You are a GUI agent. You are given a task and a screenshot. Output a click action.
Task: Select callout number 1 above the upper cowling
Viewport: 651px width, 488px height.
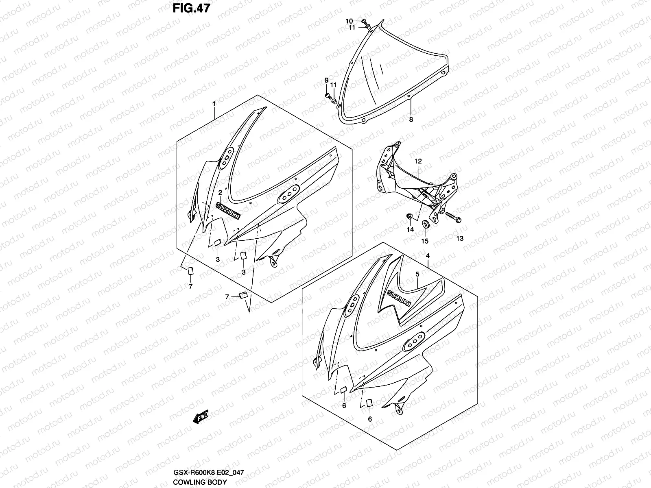tap(214, 105)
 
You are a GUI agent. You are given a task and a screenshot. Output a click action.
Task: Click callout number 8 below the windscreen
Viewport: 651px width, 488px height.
tap(411, 120)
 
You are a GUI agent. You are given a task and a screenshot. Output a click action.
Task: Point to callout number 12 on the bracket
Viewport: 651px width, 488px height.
tap(418, 161)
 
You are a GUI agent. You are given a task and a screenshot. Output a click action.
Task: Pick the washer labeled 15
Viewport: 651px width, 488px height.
tap(425, 224)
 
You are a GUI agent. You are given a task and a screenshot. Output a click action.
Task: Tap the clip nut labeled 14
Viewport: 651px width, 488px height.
tap(410, 216)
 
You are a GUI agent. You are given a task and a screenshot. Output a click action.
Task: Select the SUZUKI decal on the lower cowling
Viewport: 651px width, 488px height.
tap(399, 299)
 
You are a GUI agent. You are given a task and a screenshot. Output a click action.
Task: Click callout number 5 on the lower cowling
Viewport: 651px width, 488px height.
tap(417, 274)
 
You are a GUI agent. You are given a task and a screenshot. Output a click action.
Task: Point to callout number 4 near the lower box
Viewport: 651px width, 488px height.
tap(428, 256)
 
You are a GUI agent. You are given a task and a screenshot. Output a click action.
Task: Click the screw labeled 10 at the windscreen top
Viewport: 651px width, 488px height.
tap(364, 21)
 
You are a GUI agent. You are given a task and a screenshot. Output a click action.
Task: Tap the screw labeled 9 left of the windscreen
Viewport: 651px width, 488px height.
tap(328, 96)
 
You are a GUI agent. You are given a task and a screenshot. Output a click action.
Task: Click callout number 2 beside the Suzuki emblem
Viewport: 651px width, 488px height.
tap(220, 192)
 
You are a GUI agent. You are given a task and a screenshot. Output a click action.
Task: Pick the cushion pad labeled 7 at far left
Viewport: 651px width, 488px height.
tap(190, 271)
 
